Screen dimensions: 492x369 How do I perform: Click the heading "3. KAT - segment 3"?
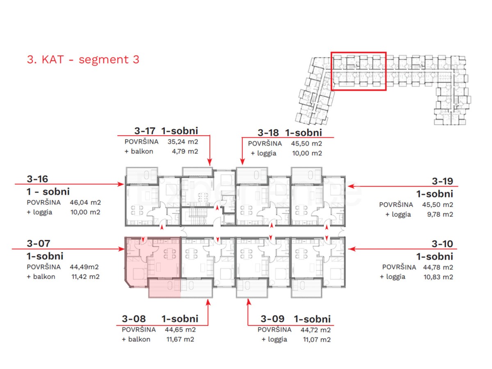[x=83, y=59]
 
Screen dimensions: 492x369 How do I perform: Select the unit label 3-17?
[x=145, y=131]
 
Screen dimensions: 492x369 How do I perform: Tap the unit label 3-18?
[x=268, y=133]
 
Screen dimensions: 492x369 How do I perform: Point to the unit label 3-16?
[x=37, y=179]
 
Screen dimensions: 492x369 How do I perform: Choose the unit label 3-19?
[x=442, y=181]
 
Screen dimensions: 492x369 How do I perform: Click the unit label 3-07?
[x=38, y=243]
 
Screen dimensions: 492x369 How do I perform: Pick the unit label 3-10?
[x=442, y=244]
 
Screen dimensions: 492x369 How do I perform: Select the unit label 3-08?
[x=134, y=319]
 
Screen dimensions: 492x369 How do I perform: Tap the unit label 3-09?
[x=272, y=319]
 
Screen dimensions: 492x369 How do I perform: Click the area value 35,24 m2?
[x=183, y=141]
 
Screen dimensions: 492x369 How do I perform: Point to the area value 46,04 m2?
[x=85, y=202]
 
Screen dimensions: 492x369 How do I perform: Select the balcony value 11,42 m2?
[x=85, y=277]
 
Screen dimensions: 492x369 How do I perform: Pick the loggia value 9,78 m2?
[x=440, y=214]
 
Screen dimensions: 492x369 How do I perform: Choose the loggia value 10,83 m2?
[x=438, y=277]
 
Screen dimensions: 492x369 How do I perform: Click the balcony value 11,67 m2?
[x=180, y=339]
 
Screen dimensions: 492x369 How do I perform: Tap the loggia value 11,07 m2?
[x=317, y=339]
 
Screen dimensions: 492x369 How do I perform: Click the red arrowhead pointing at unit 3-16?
[x=121, y=184]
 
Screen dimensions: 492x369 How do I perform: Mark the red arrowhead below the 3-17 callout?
[x=210, y=162]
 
